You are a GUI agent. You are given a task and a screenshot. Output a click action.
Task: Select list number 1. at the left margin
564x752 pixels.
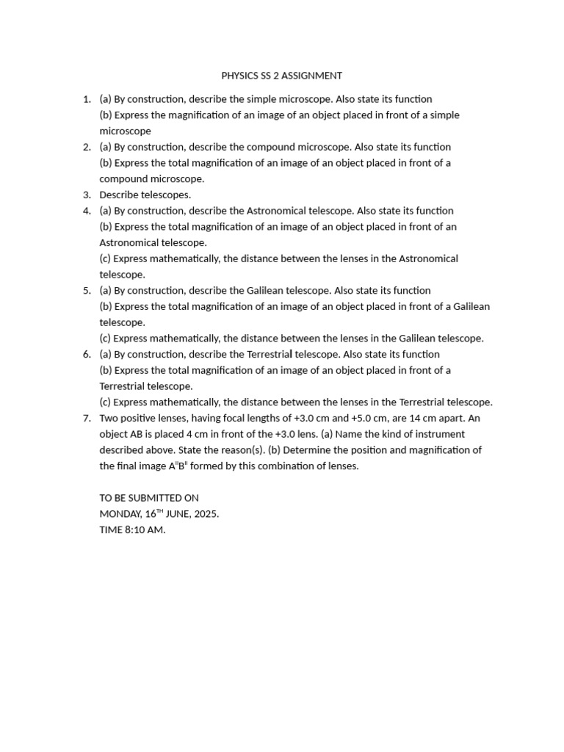[x=87, y=99]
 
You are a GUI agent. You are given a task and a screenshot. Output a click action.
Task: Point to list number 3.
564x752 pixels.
[x=87, y=195]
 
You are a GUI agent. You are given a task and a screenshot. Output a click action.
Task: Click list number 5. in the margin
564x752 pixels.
[x=87, y=291]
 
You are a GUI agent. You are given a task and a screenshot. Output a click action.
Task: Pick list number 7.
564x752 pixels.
[x=87, y=419]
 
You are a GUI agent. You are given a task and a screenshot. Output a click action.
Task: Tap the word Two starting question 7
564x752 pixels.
[x=109, y=419]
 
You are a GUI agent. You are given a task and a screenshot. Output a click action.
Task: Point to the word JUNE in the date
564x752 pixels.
[x=180, y=514]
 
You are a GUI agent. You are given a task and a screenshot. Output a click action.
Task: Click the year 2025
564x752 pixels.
[x=206, y=514]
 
